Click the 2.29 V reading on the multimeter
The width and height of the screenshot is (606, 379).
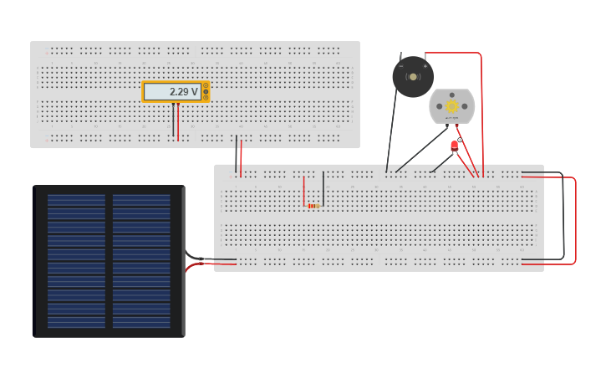183,92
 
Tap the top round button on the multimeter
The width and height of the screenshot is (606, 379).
206,85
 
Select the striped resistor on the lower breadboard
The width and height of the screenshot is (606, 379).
313,206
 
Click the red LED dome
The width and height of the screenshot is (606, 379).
454,145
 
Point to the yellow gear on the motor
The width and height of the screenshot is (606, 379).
452,106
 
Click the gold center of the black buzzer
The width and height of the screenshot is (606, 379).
413,77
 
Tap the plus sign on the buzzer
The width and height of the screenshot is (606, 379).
425,65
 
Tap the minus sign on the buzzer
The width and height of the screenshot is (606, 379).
401,65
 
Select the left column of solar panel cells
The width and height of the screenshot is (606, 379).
76,261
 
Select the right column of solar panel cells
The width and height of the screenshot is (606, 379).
141,261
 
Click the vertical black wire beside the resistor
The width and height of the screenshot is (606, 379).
323,188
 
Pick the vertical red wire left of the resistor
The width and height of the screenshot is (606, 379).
304,191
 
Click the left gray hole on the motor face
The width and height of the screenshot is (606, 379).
440,106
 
